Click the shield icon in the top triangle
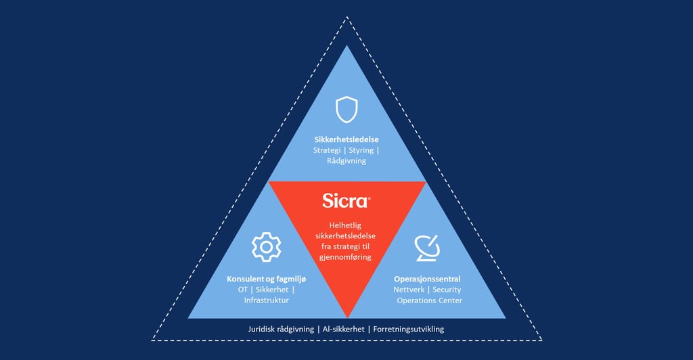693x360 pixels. click(x=346, y=109)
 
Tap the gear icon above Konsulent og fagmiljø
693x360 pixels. click(x=266, y=247)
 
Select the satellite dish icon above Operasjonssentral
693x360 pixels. click(x=428, y=248)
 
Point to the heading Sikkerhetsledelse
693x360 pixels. click(x=346, y=139)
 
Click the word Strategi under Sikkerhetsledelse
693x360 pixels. click(x=328, y=150)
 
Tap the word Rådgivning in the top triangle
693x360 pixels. click(x=346, y=161)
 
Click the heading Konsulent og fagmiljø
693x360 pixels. click(x=266, y=279)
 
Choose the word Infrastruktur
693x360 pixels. click(x=266, y=300)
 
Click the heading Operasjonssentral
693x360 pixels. click(x=427, y=279)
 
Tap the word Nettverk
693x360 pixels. click(x=408, y=290)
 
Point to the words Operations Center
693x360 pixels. click(x=429, y=300)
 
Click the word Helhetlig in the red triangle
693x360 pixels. click(x=346, y=225)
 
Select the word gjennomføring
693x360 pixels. click(x=346, y=257)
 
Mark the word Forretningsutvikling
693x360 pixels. click(x=409, y=330)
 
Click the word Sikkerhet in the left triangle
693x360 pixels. click(x=270, y=290)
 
